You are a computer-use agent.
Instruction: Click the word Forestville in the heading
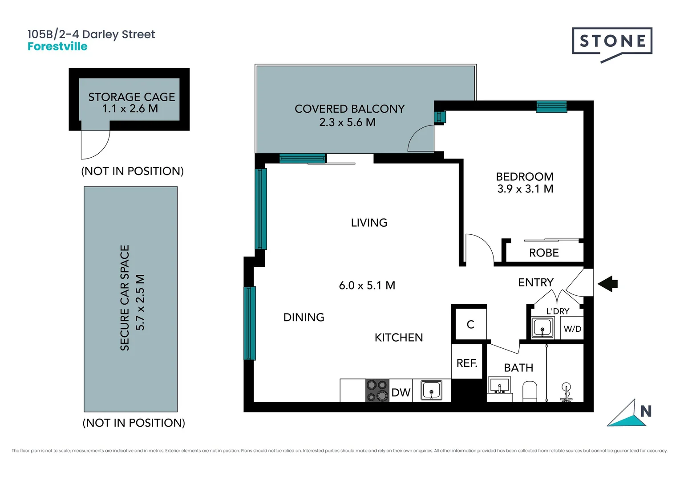point(57,46)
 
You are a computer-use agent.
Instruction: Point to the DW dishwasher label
point(401,392)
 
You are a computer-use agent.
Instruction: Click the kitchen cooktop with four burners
point(377,391)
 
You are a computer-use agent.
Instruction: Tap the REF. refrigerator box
point(467,363)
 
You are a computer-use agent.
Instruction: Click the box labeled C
point(470,324)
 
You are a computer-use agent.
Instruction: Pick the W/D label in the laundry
point(572,329)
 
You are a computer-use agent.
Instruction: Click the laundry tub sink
point(542,328)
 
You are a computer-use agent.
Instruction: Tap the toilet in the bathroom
point(530,391)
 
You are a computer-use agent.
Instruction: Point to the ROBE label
point(544,253)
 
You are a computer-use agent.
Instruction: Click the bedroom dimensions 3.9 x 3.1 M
point(525,189)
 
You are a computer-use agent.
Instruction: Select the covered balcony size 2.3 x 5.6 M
point(347,122)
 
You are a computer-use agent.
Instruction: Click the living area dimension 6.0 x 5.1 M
point(367,285)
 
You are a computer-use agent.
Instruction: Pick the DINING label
point(304,317)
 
